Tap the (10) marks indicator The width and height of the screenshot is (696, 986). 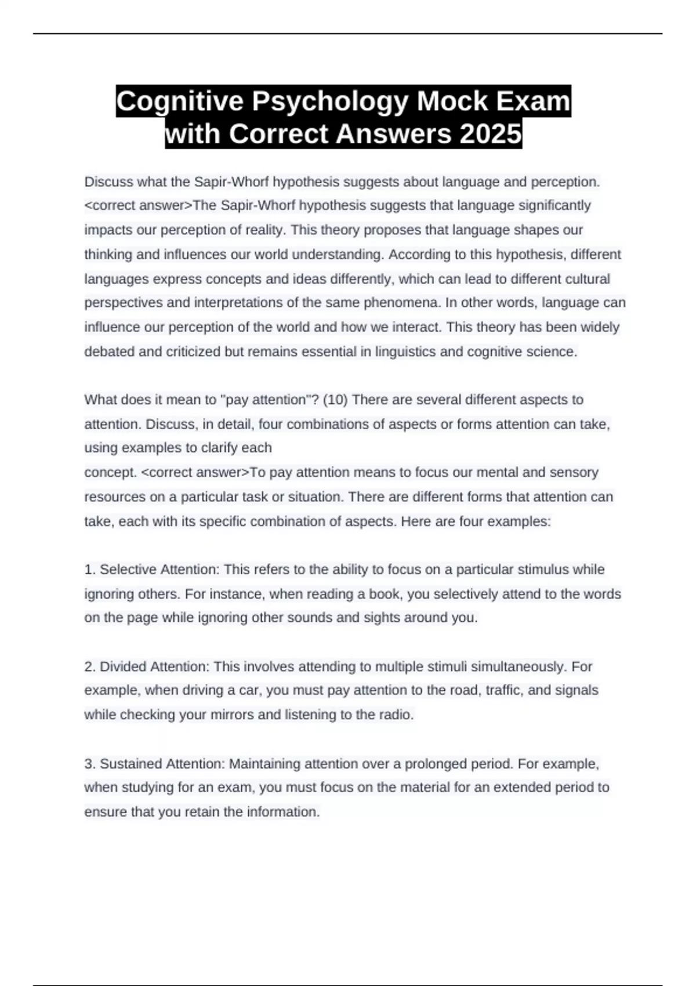(335, 400)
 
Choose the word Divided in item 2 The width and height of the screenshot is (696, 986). (123, 666)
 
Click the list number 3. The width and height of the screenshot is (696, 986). (90, 764)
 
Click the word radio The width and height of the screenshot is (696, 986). (396, 715)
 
